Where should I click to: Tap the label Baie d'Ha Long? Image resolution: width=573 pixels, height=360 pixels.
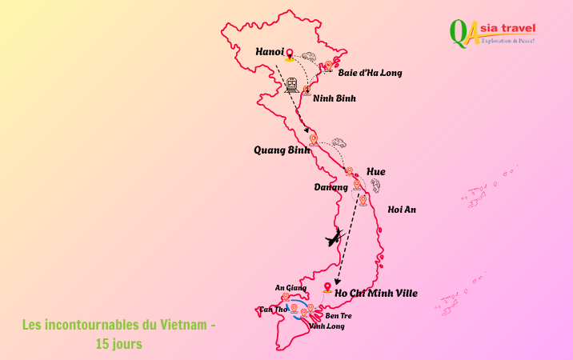click(x=370, y=73)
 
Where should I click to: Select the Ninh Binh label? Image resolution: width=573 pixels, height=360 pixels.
click(x=335, y=98)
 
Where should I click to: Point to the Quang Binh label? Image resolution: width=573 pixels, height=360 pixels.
click(x=282, y=150)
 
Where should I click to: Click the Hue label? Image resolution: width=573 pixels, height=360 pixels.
click(x=375, y=172)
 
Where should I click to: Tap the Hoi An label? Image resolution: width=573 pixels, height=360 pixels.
click(x=402, y=210)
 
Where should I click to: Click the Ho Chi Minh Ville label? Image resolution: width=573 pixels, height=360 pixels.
click(x=376, y=294)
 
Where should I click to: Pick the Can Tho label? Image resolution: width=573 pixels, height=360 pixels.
click(x=273, y=309)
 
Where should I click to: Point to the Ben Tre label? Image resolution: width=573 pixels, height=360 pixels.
click(x=339, y=316)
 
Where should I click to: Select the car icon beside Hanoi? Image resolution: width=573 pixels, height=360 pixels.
click(x=309, y=56)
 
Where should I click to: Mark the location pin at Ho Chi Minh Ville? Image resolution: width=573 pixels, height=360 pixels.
click(x=327, y=287)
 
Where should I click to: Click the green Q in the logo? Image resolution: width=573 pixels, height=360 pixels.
click(x=459, y=33)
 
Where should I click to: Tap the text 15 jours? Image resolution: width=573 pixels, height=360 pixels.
click(x=119, y=344)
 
